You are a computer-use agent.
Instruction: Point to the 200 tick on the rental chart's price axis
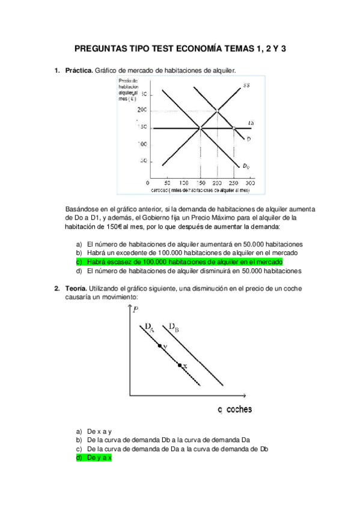tap(142, 110)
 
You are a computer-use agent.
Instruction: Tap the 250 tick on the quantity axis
tap(233, 182)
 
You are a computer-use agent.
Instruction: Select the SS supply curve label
tap(246, 86)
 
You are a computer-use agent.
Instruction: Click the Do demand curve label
tap(246, 166)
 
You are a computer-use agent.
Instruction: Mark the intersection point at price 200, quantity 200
tap(217, 110)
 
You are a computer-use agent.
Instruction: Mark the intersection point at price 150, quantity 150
tap(200, 127)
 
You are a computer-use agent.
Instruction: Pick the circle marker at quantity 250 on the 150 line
tap(233, 127)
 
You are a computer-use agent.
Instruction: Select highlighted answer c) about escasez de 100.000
tap(184, 262)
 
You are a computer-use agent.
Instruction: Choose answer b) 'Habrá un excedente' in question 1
tap(185, 253)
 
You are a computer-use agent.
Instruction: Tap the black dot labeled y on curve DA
tap(159, 346)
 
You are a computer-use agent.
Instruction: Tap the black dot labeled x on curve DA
tap(179, 364)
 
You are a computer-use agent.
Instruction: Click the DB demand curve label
tap(174, 328)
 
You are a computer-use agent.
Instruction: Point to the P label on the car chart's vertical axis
tap(136, 310)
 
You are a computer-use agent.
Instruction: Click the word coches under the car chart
tap(239, 410)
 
